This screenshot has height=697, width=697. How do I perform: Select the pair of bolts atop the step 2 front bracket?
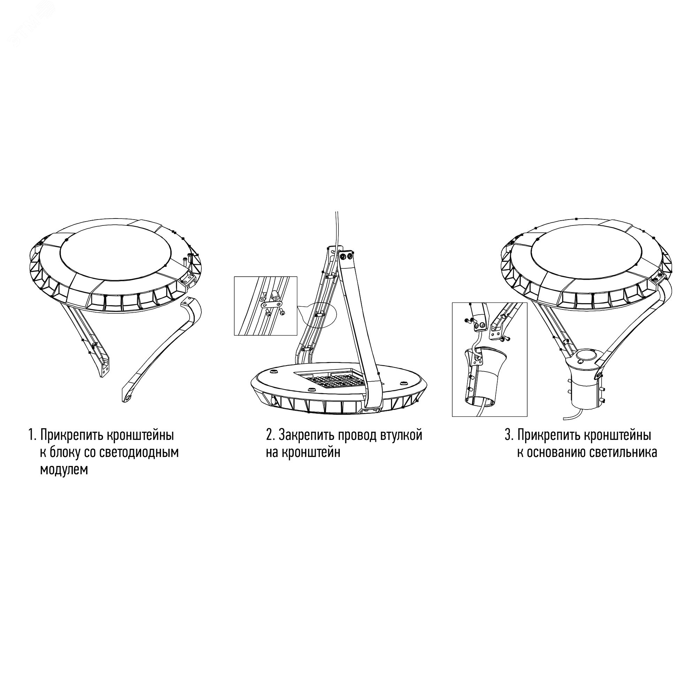[346, 256]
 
